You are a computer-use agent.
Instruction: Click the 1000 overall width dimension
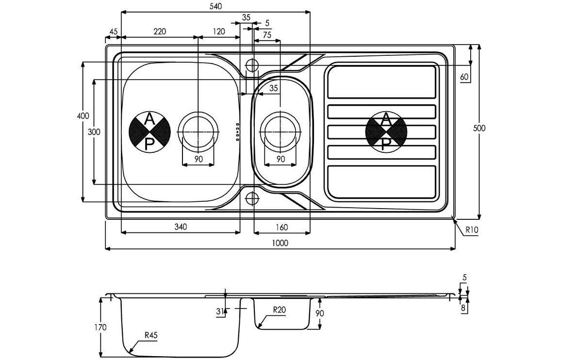tap(280, 243)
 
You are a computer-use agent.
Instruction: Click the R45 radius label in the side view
tap(150, 335)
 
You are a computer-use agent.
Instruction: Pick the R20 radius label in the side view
tap(280, 310)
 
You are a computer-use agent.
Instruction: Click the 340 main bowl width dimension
tap(180, 227)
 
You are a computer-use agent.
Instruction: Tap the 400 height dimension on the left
tap(83, 116)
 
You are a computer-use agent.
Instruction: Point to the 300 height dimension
tap(94, 131)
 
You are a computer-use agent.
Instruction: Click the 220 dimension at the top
tap(160, 32)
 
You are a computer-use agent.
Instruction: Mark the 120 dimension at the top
tap(219, 32)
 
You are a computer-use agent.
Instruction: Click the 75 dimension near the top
tap(267, 35)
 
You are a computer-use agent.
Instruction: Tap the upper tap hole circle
tap(252, 65)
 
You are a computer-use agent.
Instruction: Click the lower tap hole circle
tap(252, 198)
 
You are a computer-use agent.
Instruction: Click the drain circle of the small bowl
tap(280, 131)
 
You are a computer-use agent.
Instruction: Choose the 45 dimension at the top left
tap(114, 32)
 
